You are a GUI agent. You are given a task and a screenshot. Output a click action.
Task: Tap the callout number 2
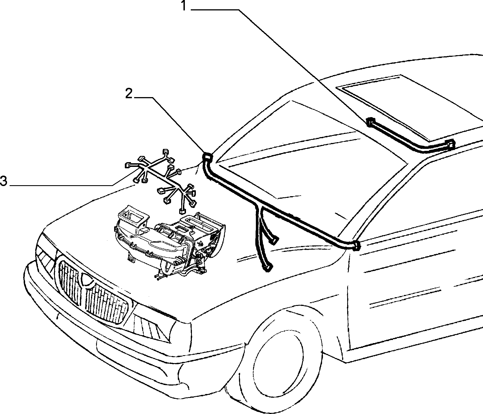129,93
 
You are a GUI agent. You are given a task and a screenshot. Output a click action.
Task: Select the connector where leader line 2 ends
208,156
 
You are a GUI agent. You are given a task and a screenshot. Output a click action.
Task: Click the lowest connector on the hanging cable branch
267,267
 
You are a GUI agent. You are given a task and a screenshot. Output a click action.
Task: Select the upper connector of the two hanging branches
274,240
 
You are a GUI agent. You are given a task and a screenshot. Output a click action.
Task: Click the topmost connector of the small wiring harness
166,151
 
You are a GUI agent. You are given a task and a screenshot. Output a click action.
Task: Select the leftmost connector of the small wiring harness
127,165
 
